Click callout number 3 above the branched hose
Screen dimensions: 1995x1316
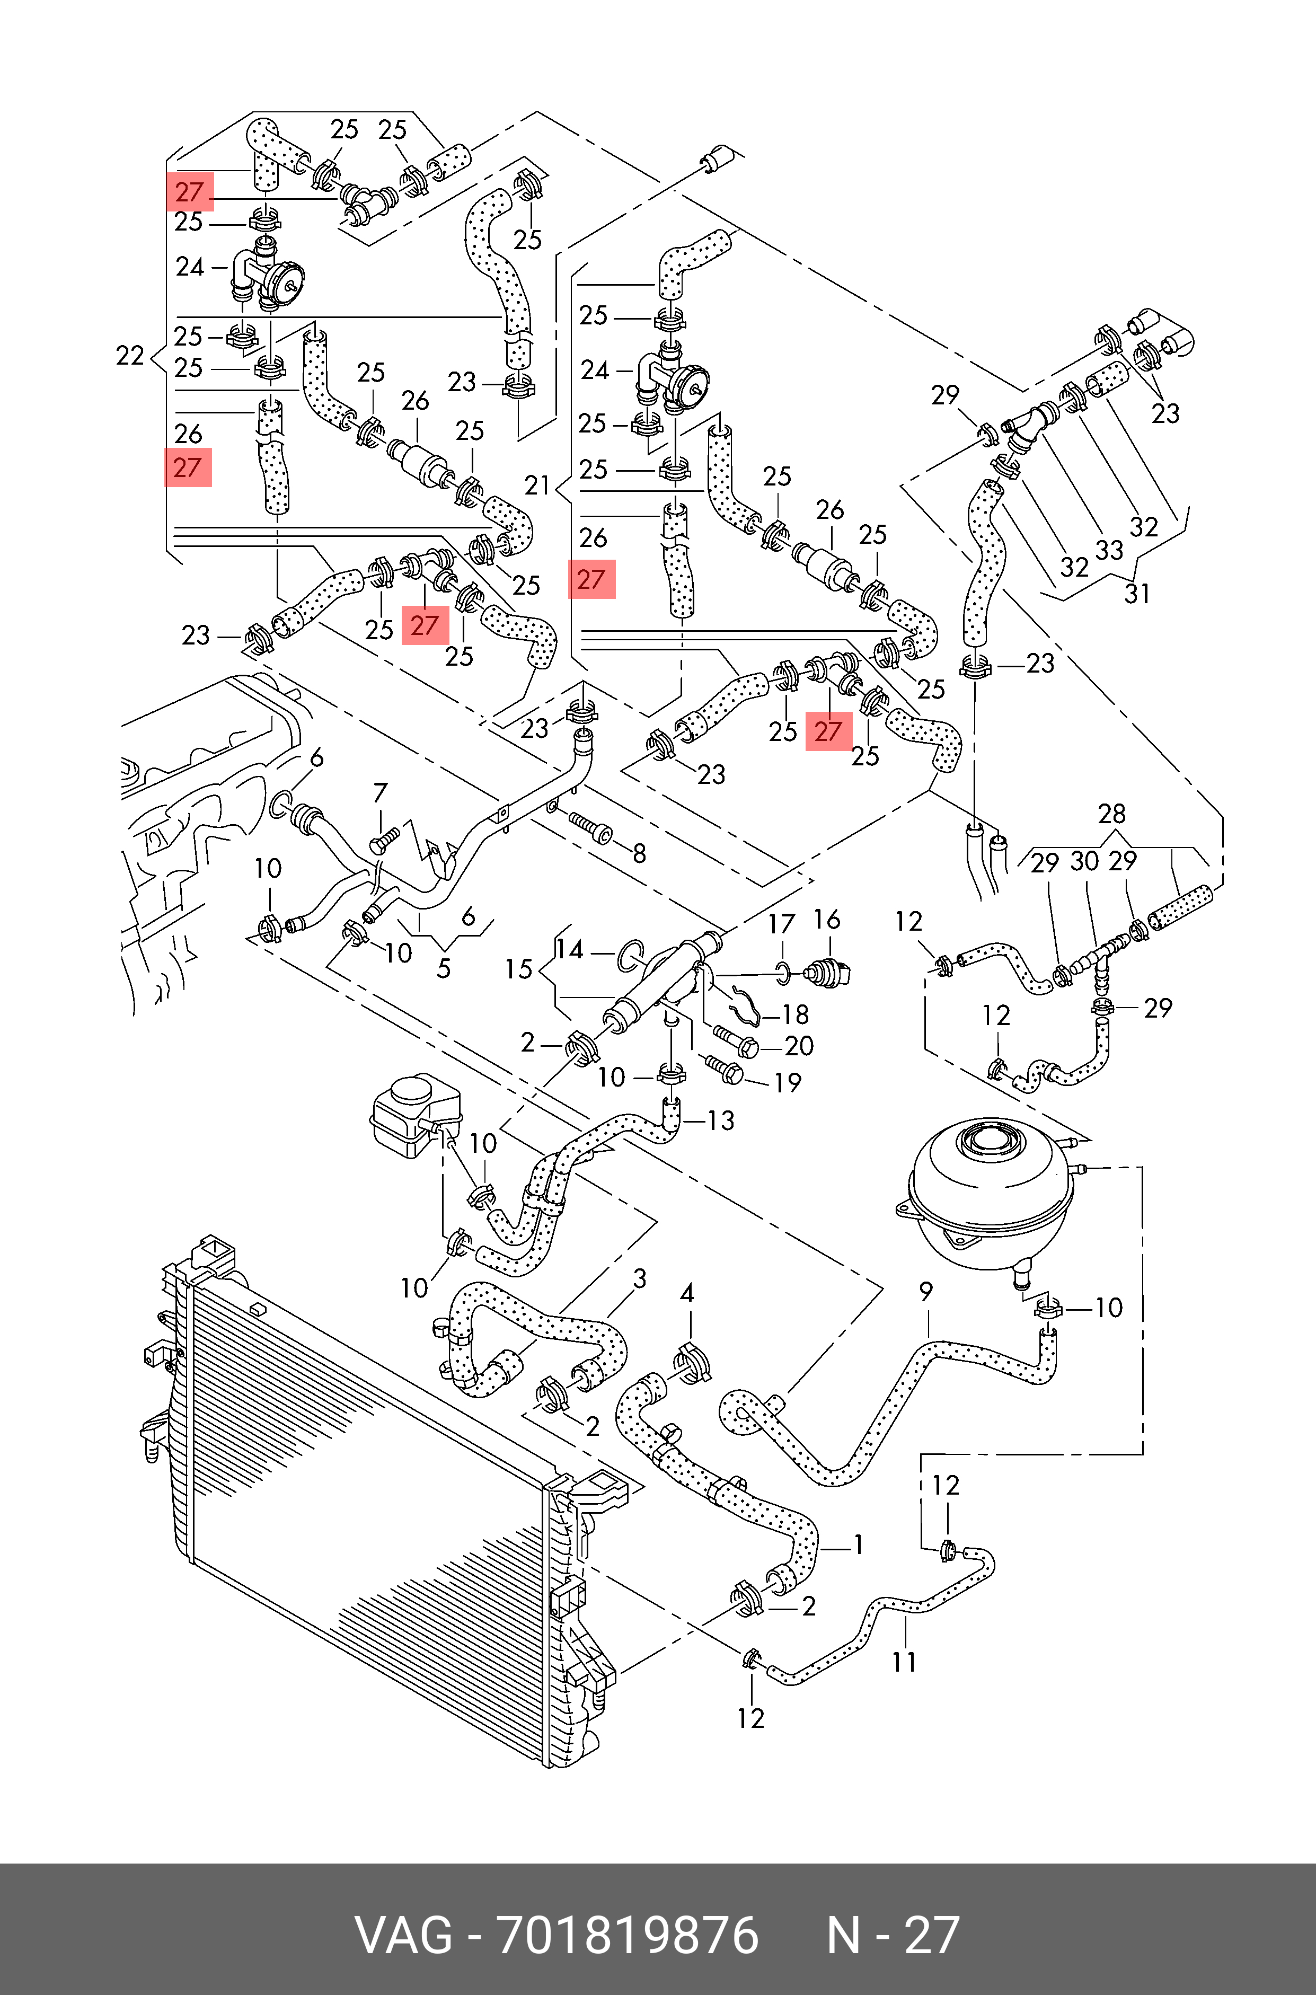[640, 1279]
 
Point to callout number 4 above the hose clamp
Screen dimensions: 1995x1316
[686, 1293]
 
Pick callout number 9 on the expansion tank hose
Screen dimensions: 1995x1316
[926, 1291]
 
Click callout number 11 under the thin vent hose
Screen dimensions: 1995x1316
[904, 1661]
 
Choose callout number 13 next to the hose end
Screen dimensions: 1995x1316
[721, 1120]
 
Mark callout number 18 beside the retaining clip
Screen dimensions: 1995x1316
[795, 1014]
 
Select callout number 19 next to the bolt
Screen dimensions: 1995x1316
[787, 1082]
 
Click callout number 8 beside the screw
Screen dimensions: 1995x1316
[640, 853]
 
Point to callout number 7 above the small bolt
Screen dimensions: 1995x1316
[380, 792]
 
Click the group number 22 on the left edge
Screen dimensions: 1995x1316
[130, 356]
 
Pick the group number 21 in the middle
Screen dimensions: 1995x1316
[537, 485]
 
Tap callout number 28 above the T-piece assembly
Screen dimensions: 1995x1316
[1112, 813]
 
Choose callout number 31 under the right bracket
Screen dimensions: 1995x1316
[1137, 594]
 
